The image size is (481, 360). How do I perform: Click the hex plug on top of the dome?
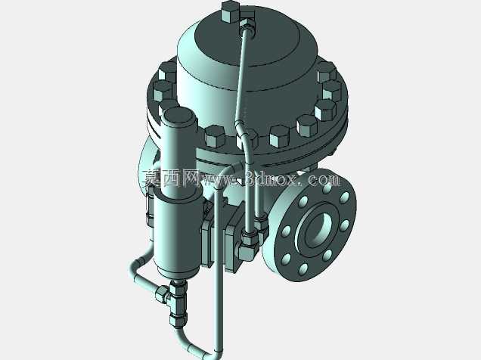click(x=230, y=11)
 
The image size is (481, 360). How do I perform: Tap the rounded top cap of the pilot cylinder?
click(x=178, y=118)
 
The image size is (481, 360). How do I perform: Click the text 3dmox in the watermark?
click(x=272, y=179)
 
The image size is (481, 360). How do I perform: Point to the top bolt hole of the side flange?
click(x=327, y=188)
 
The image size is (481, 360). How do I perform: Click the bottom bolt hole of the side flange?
click(x=303, y=268)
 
